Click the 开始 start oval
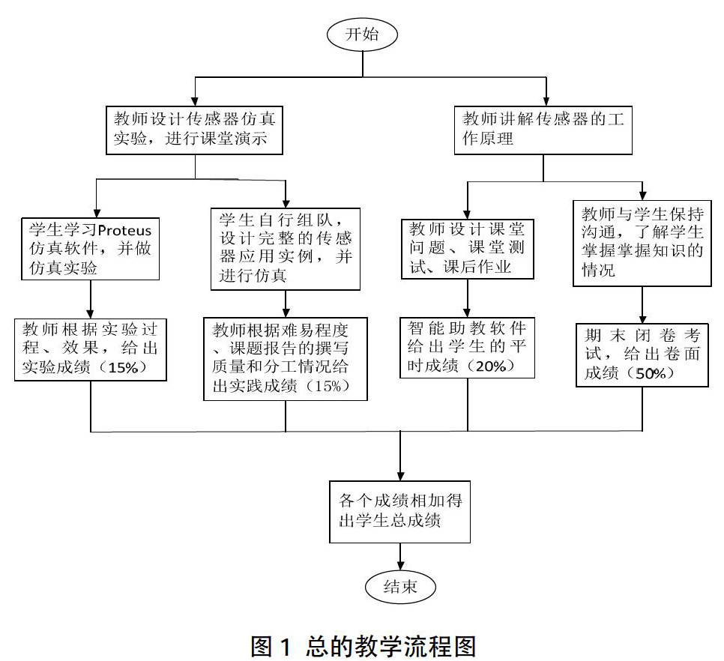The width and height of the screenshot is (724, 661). tap(362, 34)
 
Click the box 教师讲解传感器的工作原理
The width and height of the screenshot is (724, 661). tap(544, 129)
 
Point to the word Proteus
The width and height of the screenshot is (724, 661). tap(125, 229)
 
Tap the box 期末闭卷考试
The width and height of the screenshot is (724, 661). tap(642, 354)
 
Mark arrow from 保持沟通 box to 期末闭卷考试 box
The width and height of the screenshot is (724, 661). tap(642, 304)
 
